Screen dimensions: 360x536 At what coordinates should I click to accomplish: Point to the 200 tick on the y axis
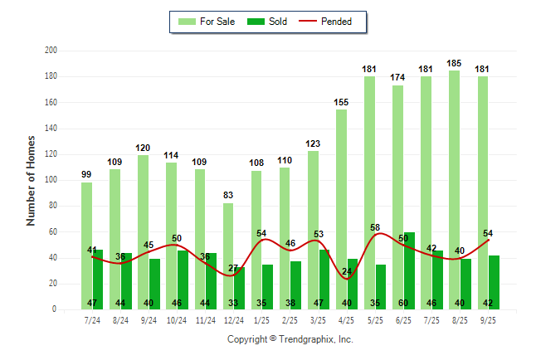point(51,51)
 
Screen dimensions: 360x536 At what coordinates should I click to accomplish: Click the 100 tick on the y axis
point(51,180)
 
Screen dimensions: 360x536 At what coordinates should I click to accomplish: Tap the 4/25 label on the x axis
point(347,319)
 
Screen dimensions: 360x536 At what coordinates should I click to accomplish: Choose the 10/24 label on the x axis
point(177,319)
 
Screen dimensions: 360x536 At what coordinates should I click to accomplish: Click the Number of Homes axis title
point(32,180)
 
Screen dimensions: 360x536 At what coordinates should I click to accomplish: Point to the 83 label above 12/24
point(228,195)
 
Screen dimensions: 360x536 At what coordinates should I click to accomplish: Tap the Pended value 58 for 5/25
point(375,226)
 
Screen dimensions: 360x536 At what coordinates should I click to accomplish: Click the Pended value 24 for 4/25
point(346,271)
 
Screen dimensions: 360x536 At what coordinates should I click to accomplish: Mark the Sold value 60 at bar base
point(410,303)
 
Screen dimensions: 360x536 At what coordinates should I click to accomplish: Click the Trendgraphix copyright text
point(290,339)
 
